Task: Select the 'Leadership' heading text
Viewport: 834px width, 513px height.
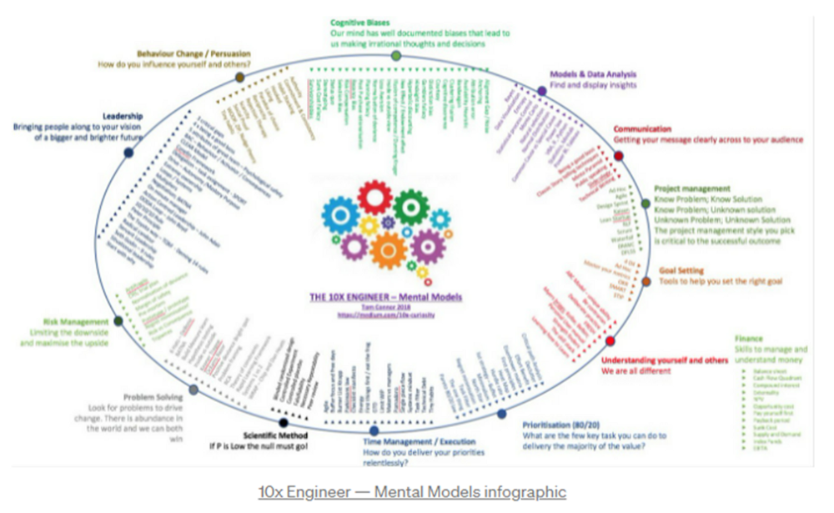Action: click(123, 116)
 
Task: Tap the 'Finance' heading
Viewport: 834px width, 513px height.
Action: click(749, 339)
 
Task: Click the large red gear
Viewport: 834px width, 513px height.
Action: click(374, 199)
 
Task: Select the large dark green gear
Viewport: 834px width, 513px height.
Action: click(410, 207)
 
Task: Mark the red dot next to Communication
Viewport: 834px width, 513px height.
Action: click(619, 155)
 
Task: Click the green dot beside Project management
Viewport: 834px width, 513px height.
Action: click(645, 204)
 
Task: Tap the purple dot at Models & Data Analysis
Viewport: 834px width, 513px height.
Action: click(542, 90)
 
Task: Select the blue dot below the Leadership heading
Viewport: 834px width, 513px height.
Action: click(128, 153)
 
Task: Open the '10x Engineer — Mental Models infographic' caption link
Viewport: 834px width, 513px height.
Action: click(413, 491)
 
